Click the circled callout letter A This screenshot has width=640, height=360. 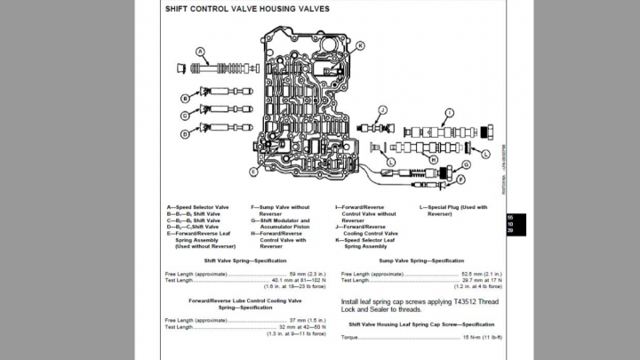(200, 51)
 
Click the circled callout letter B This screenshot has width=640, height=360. (185, 98)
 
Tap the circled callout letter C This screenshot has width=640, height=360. (185, 116)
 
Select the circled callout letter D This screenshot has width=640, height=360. (185, 134)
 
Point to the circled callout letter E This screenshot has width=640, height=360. (253, 171)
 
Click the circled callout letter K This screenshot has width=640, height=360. (360, 45)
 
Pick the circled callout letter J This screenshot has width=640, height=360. (382, 109)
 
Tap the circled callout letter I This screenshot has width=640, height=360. (450, 113)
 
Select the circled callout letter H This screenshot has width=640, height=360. (433, 160)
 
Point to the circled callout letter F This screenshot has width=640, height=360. (460, 180)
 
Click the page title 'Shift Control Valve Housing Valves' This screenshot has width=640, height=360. (246, 9)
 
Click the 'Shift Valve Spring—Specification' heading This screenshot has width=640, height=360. (245, 260)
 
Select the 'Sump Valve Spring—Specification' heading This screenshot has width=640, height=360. (420, 260)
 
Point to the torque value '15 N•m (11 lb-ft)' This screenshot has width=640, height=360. (482, 338)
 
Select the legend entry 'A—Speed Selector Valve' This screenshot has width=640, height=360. (196, 207)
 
